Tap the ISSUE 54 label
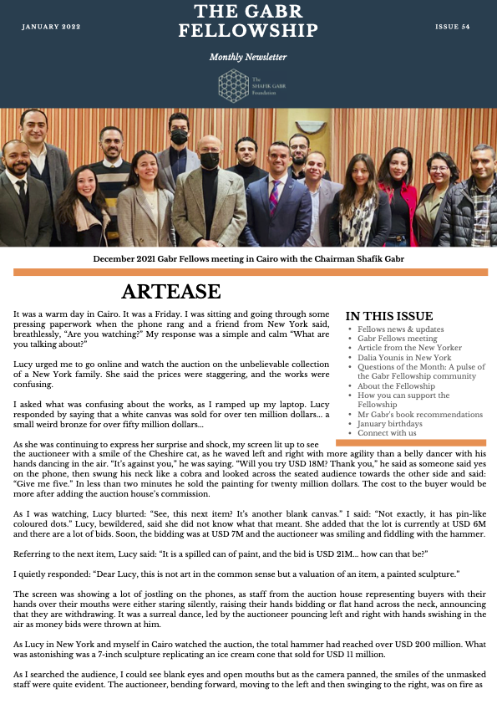point(452,27)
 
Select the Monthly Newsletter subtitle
point(248,57)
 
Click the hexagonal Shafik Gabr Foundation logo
point(234,86)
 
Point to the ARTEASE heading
point(170,292)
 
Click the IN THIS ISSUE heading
point(389,316)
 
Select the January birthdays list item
point(388,424)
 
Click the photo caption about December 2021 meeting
point(248,259)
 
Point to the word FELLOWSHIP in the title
point(248,31)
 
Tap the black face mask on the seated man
point(210,159)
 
